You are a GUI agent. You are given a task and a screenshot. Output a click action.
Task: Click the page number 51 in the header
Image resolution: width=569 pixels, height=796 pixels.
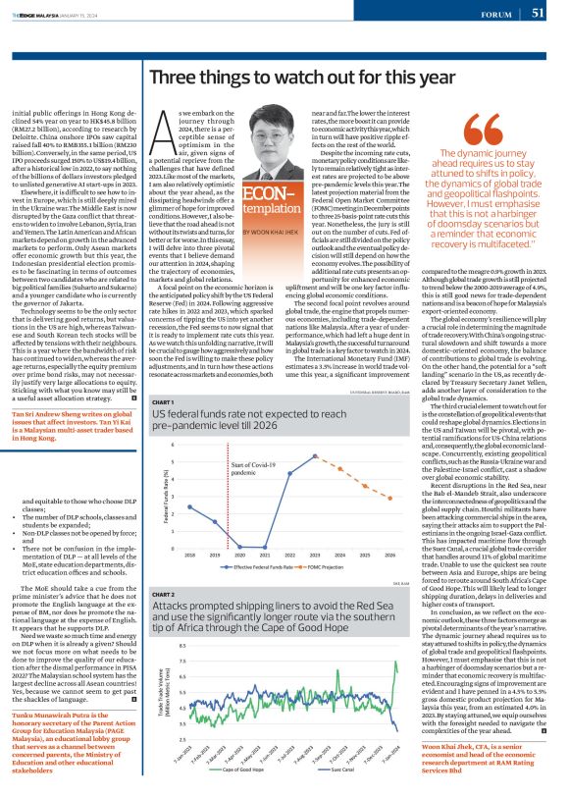tap(538, 13)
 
